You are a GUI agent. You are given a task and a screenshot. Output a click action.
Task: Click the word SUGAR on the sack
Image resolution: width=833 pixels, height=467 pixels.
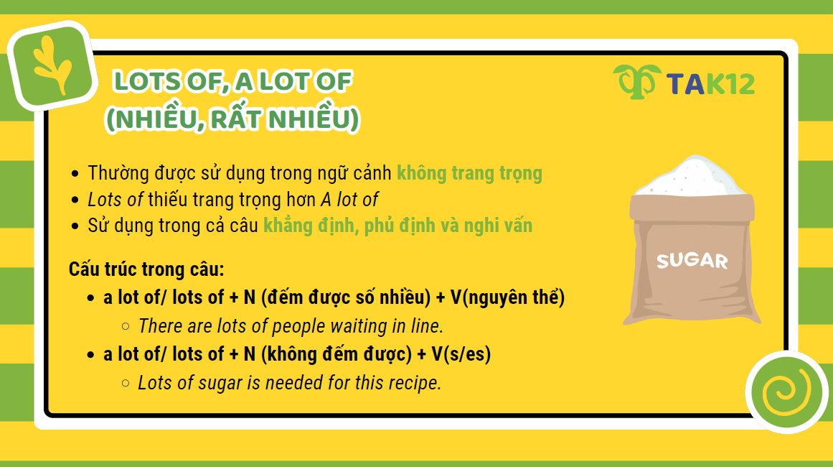click(692, 260)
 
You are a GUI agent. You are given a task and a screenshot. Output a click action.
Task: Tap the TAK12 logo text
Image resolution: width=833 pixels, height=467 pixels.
click(710, 83)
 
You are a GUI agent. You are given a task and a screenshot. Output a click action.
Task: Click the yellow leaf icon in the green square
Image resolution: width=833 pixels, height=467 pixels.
click(53, 66)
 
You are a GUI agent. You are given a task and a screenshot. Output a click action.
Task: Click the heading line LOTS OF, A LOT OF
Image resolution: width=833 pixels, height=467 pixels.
click(232, 81)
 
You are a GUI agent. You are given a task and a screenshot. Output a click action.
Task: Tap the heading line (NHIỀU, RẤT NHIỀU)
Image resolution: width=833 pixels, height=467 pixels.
click(232, 119)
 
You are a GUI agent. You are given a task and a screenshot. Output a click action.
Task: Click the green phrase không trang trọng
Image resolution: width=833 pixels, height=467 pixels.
click(469, 173)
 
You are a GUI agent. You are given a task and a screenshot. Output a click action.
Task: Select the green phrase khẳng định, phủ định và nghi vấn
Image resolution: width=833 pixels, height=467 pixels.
click(397, 226)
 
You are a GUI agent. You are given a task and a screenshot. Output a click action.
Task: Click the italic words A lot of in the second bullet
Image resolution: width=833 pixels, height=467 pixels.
click(348, 200)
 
